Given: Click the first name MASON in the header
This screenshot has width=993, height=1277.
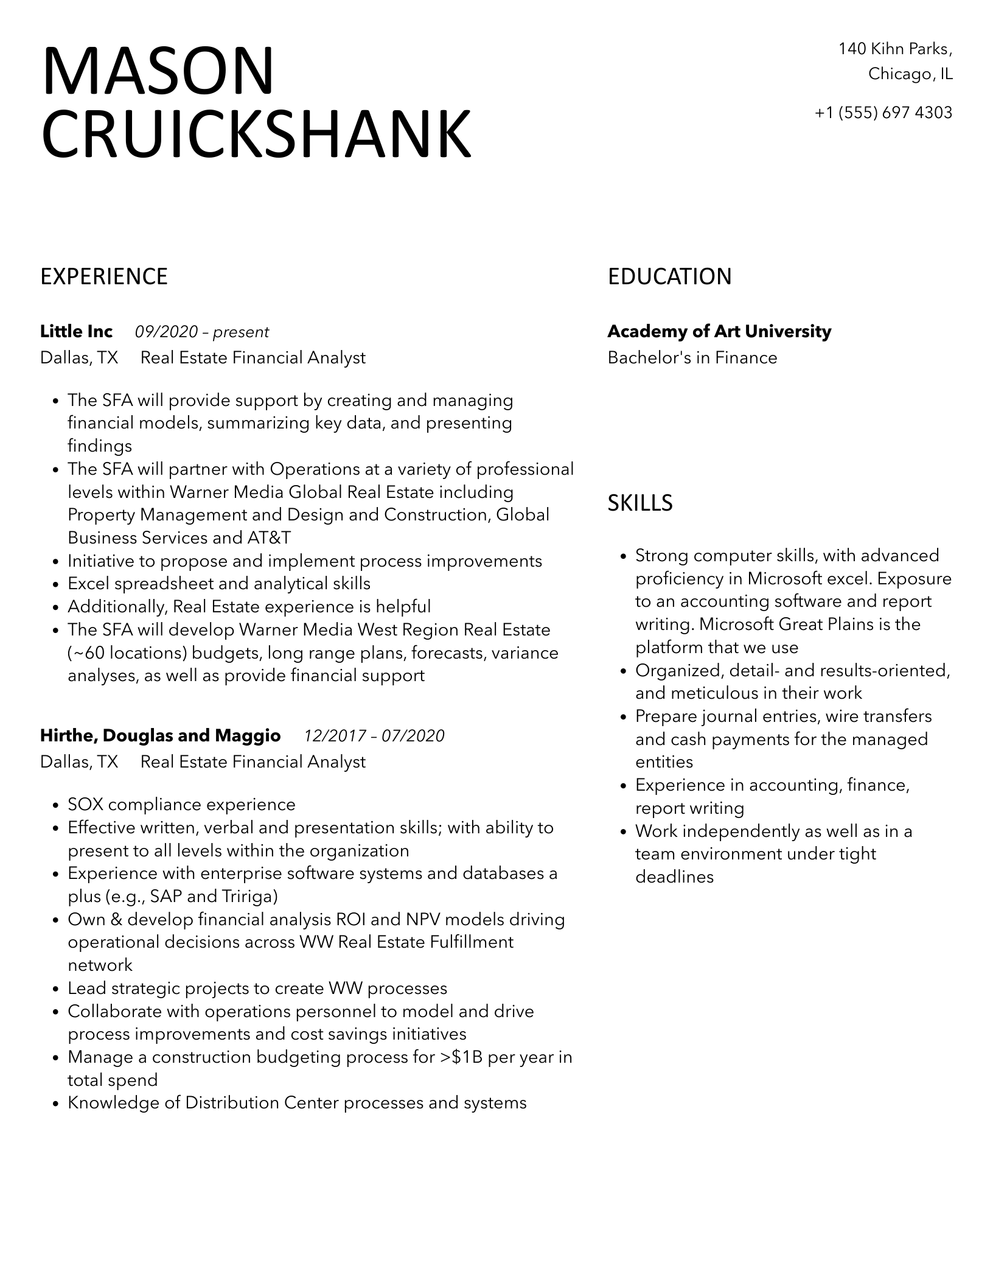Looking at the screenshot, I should tap(158, 72).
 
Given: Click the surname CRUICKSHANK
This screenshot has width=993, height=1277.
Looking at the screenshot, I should tap(256, 135).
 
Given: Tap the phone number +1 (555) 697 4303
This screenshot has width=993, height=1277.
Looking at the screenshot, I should tap(883, 113).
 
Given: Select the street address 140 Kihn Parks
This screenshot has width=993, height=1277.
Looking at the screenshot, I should tap(894, 49).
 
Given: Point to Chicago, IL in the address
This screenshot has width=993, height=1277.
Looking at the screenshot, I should tap(910, 74).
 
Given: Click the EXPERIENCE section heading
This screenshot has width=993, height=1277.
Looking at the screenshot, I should tap(104, 277).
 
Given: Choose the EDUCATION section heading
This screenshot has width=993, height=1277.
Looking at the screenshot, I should tap(669, 277).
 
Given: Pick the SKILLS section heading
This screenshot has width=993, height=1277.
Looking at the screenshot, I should tap(640, 503).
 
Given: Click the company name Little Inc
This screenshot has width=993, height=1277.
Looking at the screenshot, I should tap(76, 332).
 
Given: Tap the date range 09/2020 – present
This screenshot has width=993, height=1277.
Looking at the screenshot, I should tap(201, 332).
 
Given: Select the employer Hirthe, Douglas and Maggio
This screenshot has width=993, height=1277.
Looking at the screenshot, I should tap(160, 736).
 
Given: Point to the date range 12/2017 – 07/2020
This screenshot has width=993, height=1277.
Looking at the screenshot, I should tap(374, 736).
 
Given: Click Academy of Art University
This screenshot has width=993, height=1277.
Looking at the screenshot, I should tap(719, 332).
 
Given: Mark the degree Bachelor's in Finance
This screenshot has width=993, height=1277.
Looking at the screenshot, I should tap(692, 358).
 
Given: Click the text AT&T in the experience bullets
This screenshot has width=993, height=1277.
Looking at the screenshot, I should tap(269, 538).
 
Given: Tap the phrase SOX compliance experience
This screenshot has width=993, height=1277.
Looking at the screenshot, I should tap(181, 805).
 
